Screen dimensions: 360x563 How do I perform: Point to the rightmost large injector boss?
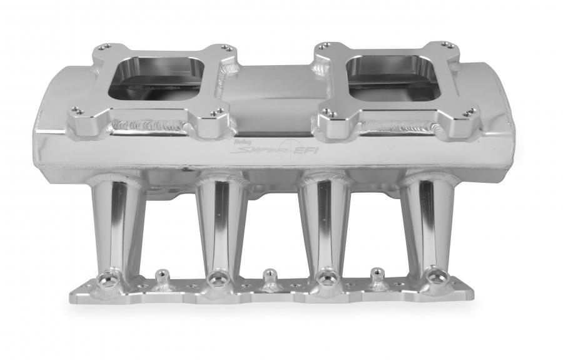pos(435,276)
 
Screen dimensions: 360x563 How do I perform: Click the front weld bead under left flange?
pos(150,128)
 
